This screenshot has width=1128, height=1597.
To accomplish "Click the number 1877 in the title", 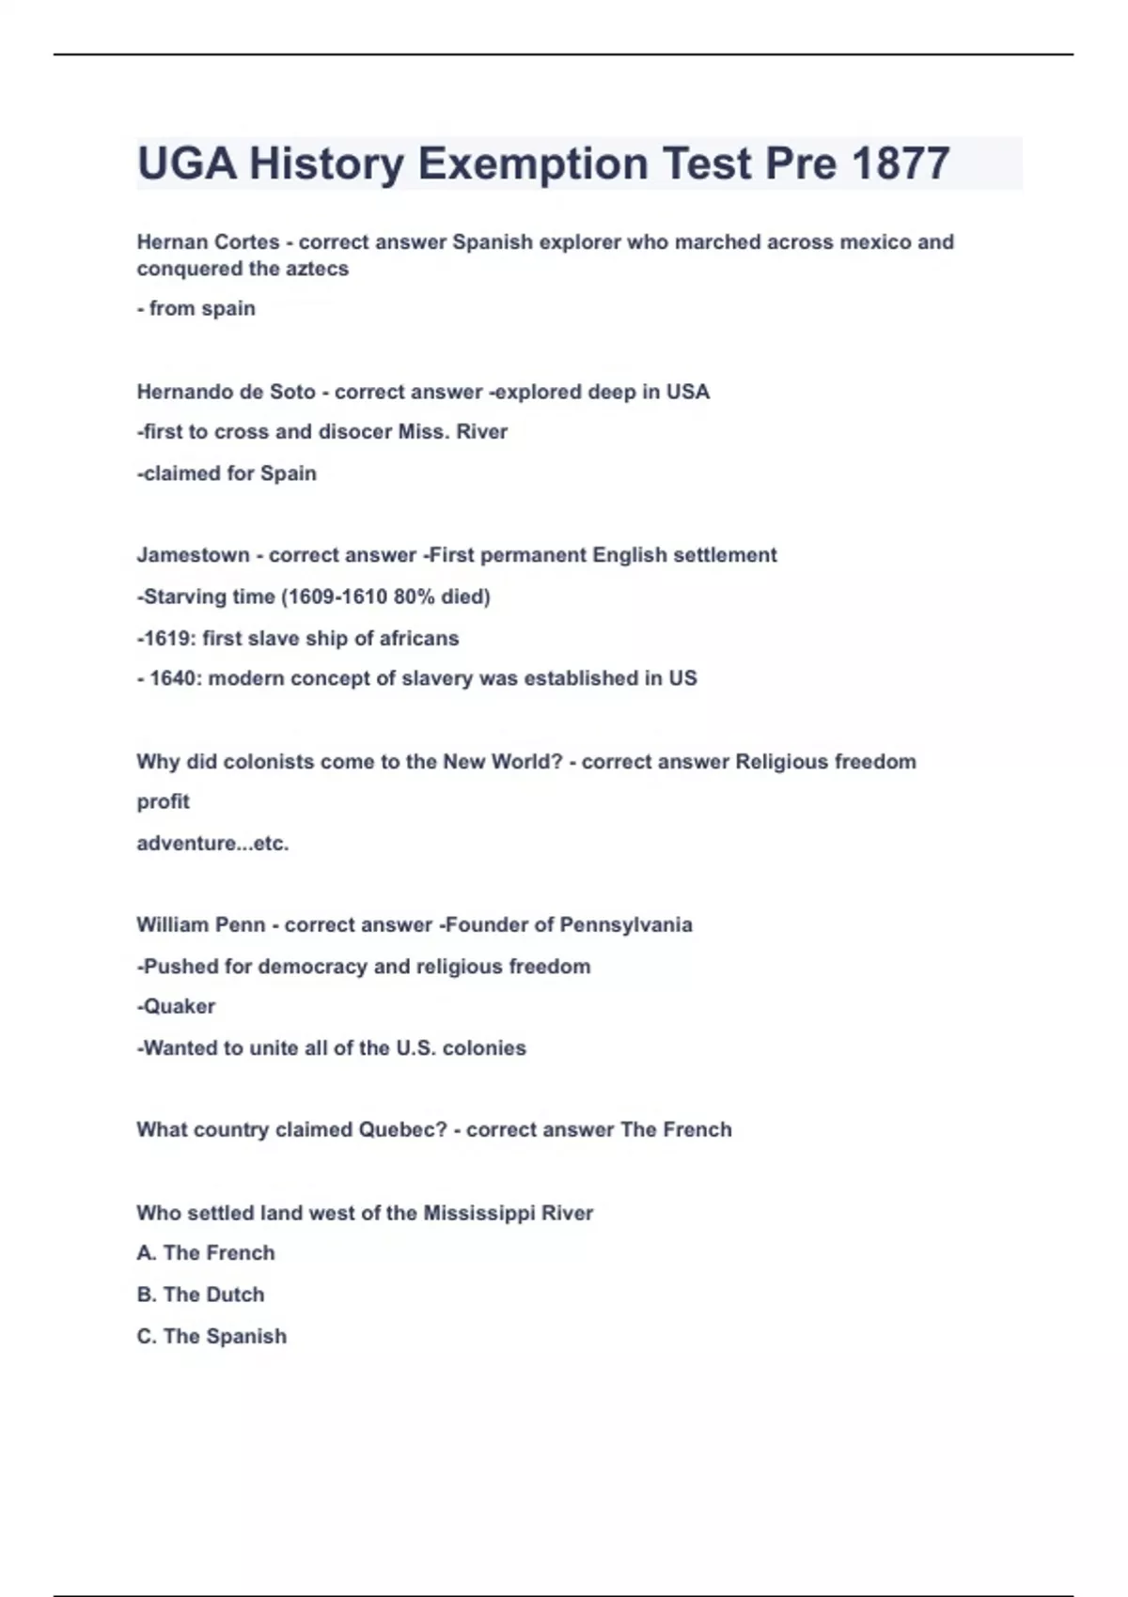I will click(901, 163).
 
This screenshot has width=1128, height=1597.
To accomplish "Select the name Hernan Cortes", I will click(208, 242).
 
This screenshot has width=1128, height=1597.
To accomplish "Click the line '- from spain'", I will click(196, 309).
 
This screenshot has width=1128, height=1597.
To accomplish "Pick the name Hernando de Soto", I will click(226, 392).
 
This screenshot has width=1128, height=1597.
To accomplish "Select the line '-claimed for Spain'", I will click(227, 473).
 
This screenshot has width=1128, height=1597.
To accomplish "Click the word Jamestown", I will click(193, 555).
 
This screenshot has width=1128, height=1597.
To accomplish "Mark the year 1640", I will click(174, 678).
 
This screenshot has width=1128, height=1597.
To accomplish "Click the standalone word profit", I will click(163, 802).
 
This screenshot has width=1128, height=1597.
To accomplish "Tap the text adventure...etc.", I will click(212, 844).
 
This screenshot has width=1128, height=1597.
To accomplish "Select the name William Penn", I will click(200, 925).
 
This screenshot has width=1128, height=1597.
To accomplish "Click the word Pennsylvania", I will click(625, 925).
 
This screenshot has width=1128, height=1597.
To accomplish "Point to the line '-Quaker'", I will click(176, 1007).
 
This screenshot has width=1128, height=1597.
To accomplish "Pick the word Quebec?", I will click(402, 1130).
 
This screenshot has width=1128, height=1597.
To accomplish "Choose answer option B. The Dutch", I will click(200, 1295).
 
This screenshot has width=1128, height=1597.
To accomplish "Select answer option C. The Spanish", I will click(211, 1337).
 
